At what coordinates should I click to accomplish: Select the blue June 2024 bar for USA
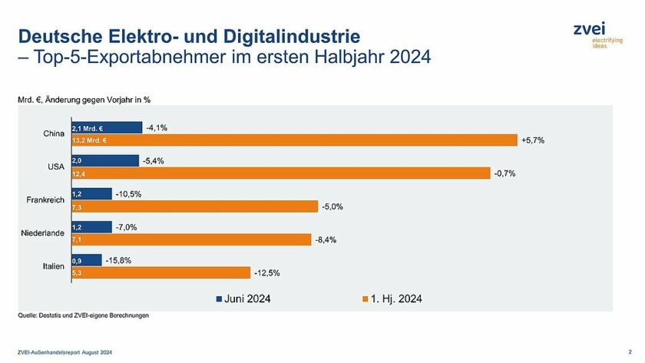pos(104,161)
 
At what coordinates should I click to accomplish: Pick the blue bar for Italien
pos(86,260)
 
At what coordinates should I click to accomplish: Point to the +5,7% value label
pos(533,140)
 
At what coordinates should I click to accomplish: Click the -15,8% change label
pos(118,260)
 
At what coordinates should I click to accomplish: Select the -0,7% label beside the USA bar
pos(505,173)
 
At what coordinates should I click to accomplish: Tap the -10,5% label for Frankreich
pos(128,194)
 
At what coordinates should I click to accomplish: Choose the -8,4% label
pos(326,239)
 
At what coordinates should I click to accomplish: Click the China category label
pos(53,134)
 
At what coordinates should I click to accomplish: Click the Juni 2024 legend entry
pos(243,299)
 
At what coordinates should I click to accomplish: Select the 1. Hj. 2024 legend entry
pos(391,299)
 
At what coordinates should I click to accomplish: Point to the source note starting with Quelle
pos(83,315)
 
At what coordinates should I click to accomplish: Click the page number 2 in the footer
pos(629,351)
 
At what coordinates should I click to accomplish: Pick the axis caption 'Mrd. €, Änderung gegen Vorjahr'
pos(84,100)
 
